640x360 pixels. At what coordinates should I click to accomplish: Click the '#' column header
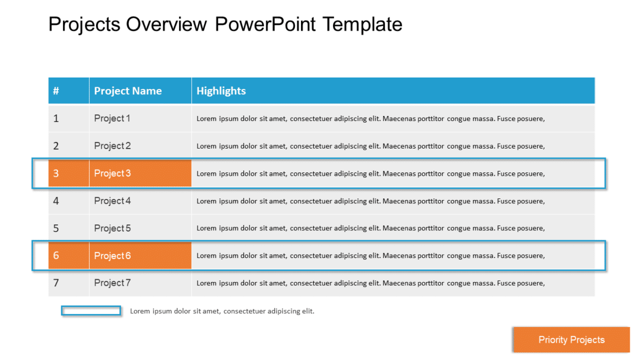pyautogui.click(x=56, y=91)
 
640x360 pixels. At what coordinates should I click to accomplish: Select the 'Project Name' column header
pyautogui.click(x=128, y=91)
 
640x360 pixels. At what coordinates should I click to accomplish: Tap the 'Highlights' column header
pyautogui.click(x=221, y=91)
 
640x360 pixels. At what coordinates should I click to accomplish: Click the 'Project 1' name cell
pyautogui.click(x=112, y=118)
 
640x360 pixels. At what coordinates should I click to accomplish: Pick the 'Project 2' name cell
pyautogui.click(x=112, y=146)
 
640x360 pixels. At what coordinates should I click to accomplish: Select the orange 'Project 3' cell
pyautogui.click(x=112, y=173)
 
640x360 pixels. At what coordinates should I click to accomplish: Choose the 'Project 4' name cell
pyautogui.click(x=112, y=201)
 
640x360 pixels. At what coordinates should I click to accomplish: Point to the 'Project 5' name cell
pyautogui.click(x=112, y=228)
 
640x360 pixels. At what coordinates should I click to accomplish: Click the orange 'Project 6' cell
pyautogui.click(x=112, y=256)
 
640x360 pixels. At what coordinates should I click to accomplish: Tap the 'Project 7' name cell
pyautogui.click(x=112, y=283)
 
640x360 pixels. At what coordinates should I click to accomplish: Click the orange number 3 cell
pyautogui.click(x=56, y=173)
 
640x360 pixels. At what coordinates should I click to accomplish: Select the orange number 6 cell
pyautogui.click(x=56, y=256)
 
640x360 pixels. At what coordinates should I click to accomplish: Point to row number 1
pyautogui.click(x=56, y=118)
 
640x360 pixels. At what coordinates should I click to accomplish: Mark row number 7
pyautogui.click(x=56, y=283)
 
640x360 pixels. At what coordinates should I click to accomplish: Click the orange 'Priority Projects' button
pyautogui.click(x=571, y=340)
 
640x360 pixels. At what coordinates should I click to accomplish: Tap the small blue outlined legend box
pyautogui.click(x=91, y=311)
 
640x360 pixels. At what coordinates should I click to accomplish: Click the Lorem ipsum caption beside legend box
pyautogui.click(x=222, y=311)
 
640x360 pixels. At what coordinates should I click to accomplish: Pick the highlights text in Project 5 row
pyautogui.click(x=370, y=228)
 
